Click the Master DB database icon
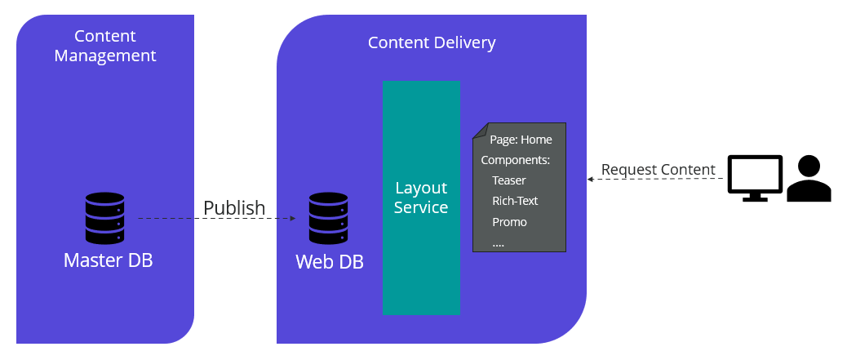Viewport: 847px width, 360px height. tap(104, 218)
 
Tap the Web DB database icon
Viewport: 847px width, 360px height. tap(329, 218)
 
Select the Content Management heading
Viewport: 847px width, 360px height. tap(104, 46)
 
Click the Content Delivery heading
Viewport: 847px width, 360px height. tap(431, 42)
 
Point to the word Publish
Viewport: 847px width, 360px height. tap(234, 207)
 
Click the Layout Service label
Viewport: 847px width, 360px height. tap(421, 198)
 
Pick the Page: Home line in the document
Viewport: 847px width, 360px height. tap(521, 140)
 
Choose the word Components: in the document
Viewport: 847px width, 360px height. tap(516, 160)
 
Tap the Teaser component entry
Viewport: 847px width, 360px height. tap(509, 180)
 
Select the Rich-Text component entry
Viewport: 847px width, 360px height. tap(515, 201)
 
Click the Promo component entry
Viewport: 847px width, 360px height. tap(509, 222)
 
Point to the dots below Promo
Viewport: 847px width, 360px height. tap(498, 242)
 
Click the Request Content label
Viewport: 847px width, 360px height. tap(658, 170)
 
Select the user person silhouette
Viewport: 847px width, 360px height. tap(809, 179)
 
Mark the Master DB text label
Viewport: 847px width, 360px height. tap(108, 261)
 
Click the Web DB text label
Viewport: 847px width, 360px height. tap(330, 262)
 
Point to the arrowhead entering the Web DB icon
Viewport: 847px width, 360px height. tap(292, 219)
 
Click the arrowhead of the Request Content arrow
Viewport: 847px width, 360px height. tap(591, 178)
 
